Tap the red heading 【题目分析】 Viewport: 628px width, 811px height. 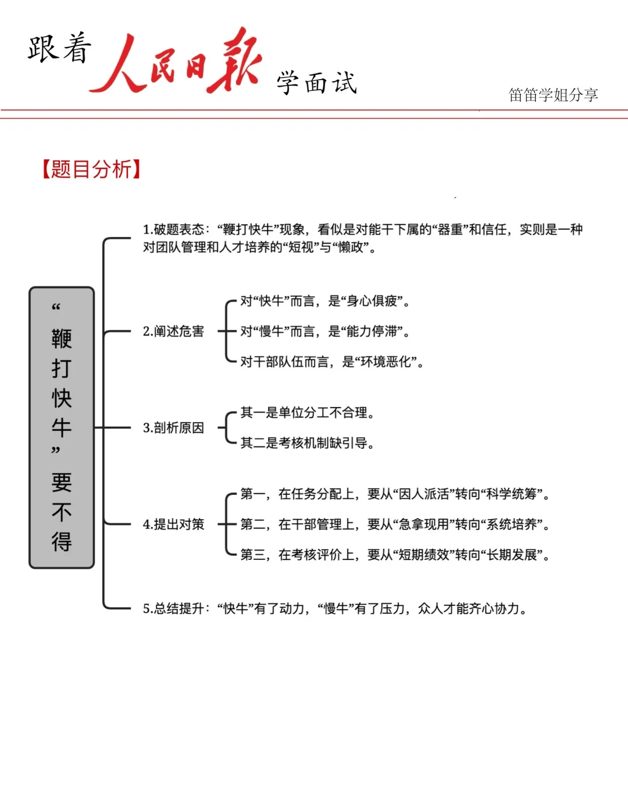click(91, 169)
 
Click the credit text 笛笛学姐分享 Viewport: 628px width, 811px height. click(553, 95)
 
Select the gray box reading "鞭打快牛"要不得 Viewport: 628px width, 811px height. click(62, 427)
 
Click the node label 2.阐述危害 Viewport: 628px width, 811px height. click(173, 331)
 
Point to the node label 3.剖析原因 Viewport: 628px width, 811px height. click(173, 428)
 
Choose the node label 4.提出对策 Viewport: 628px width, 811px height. click(173, 524)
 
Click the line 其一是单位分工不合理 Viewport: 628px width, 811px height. click(307, 413)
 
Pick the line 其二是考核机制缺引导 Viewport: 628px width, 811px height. click(307, 443)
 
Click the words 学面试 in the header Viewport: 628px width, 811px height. click(316, 83)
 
